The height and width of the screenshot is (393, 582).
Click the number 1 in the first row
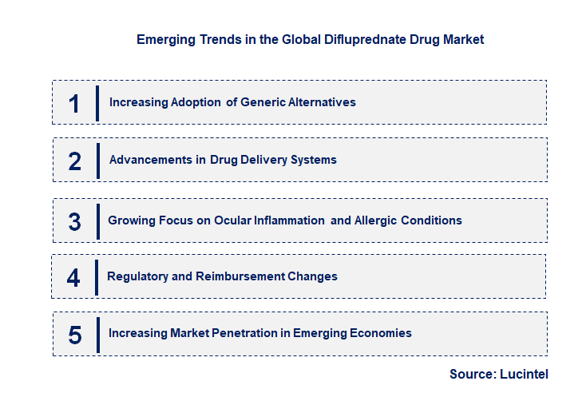pyautogui.click(x=74, y=103)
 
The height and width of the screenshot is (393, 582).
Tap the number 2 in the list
pyautogui.click(x=75, y=161)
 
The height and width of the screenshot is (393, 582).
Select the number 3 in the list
pyautogui.click(x=74, y=221)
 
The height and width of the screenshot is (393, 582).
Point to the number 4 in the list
pyautogui.click(x=73, y=277)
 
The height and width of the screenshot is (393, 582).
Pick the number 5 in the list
pyautogui.click(x=74, y=334)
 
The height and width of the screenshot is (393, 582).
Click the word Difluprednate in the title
pyautogui.click(x=340, y=39)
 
